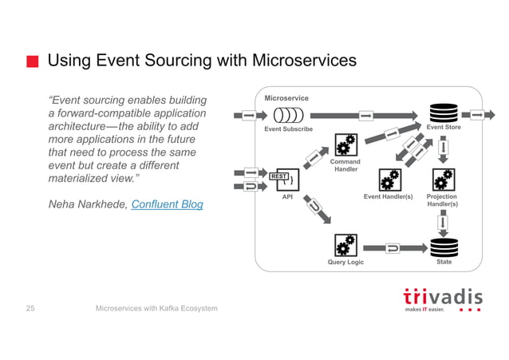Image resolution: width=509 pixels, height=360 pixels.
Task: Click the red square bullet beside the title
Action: pyautogui.click(x=32, y=62)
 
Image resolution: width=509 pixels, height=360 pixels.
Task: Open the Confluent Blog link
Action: pyautogui.click(x=167, y=204)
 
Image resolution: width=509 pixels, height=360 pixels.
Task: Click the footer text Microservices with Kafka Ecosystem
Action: pyautogui.click(x=156, y=308)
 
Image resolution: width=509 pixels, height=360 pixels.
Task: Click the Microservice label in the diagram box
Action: pyautogui.click(x=286, y=98)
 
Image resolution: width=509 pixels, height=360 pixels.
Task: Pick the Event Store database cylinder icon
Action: pyautogui.click(x=444, y=113)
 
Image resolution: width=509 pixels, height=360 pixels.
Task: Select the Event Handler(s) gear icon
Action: pyautogui.click(x=390, y=179)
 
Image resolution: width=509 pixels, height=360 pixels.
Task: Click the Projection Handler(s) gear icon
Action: pyautogui.click(x=443, y=179)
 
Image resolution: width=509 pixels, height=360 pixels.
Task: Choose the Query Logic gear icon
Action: pyautogui.click(x=345, y=246)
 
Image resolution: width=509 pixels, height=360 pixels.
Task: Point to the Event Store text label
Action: pyautogui.click(x=444, y=128)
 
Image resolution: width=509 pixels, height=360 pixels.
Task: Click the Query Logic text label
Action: pyautogui.click(x=345, y=262)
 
